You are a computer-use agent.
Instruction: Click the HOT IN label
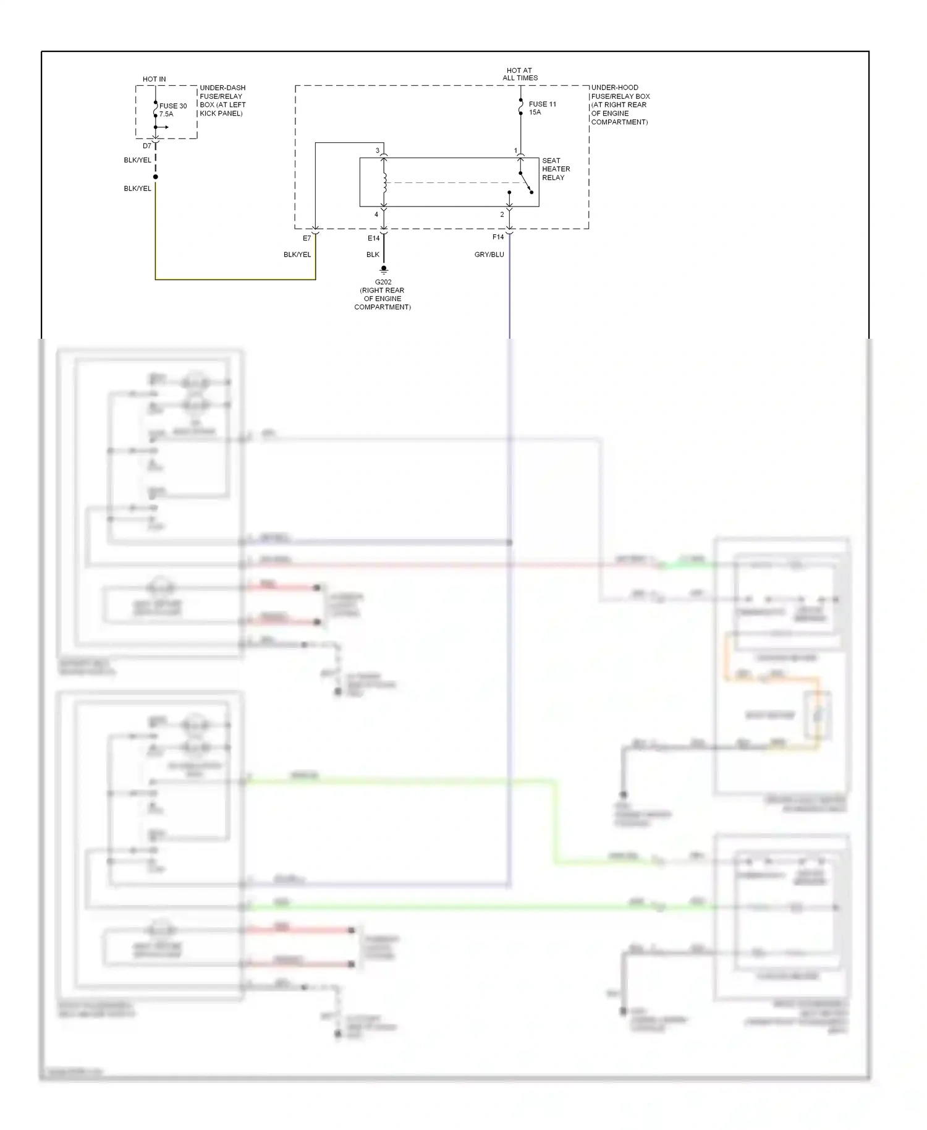pos(154,79)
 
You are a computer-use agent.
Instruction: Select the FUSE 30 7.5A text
pos(172,110)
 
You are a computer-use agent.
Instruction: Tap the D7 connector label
pos(147,147)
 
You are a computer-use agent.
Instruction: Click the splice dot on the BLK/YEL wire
pos(156,177)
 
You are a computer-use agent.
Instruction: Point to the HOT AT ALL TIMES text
pos(520,74)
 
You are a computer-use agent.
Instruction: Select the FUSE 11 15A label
pos(542,108)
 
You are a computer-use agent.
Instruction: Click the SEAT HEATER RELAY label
pos(556,169)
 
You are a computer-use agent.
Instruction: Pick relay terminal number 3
pos(378,151)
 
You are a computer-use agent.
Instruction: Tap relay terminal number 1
pos(515,151)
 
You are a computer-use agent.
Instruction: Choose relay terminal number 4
pos(376,215)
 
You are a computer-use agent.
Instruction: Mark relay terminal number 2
pos(502,215)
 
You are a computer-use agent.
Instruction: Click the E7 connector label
pos(307,239)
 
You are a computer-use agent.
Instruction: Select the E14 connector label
pos(373,239)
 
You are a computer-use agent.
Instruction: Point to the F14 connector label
pos(498,237)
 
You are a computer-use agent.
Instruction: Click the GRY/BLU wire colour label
pos(489,255)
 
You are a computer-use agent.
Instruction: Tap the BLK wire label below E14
pos(373,255)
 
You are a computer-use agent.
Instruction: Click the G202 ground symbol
pos(384,270)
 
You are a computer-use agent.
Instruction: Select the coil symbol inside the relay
pos(384,182)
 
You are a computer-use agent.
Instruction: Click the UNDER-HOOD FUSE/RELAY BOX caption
pos(620,104)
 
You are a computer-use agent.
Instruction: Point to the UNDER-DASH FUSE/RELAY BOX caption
pos(222,101)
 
